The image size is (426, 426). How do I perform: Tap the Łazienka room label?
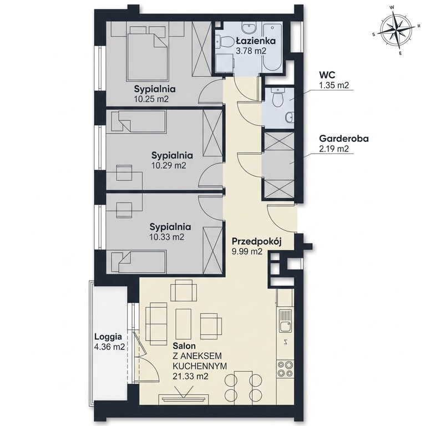point(255,40)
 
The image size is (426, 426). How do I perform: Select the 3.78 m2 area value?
point(251,51)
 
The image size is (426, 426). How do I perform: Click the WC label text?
point(327,74)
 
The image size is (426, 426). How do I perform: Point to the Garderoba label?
point(344,138)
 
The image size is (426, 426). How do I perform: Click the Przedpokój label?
point(256,241)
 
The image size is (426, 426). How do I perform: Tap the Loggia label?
point(108,337)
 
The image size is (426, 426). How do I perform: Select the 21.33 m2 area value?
point(190,376)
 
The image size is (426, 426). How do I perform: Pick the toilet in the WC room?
point(278,98)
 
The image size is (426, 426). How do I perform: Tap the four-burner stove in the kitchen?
point(285,369)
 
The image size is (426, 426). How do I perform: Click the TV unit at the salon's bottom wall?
point(184,398)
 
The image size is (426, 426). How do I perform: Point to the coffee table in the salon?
point(184,323)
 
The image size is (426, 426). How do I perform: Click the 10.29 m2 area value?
point(169,165)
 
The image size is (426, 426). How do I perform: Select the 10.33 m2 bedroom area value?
point(167,237)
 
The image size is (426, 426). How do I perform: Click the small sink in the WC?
point(289,118)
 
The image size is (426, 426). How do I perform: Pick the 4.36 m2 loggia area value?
point(109,347)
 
